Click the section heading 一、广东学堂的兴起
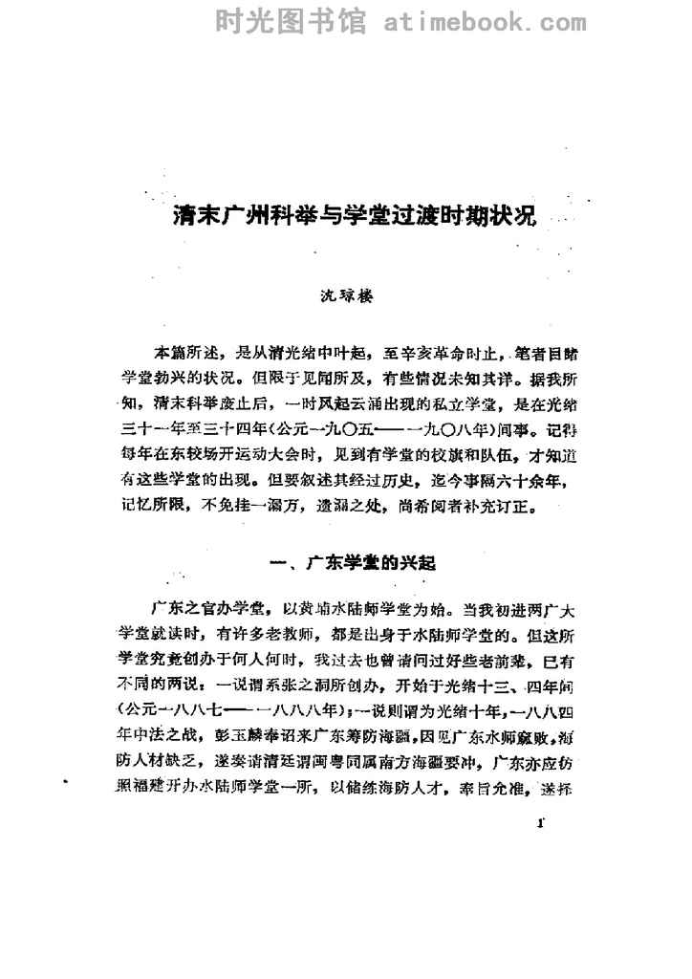coord(349,563)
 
